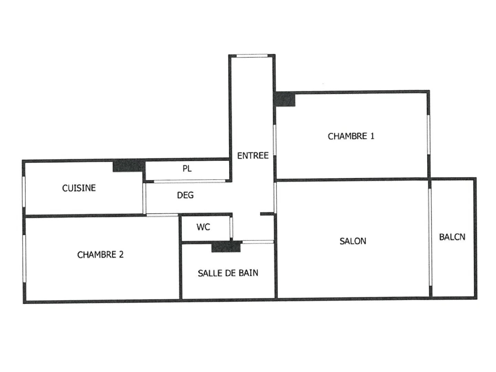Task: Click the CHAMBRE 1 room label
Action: [351, 136]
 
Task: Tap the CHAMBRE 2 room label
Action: [100, 255]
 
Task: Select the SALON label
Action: [353, 241]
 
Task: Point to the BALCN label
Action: [452, 237]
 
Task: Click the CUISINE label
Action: [79, 188]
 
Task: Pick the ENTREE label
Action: [253, 156]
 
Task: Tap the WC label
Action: [203, 227]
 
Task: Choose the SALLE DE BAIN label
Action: [228, 273]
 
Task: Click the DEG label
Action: [185, 195]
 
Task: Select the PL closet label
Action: [187, 169]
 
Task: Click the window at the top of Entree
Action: [252, 55]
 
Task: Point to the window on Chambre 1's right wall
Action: [428, 134]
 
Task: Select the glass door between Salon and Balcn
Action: [430, 238]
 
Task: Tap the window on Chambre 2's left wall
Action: [24, 258]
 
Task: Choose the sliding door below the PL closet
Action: [189, 181]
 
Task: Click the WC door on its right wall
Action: [231, 227]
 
